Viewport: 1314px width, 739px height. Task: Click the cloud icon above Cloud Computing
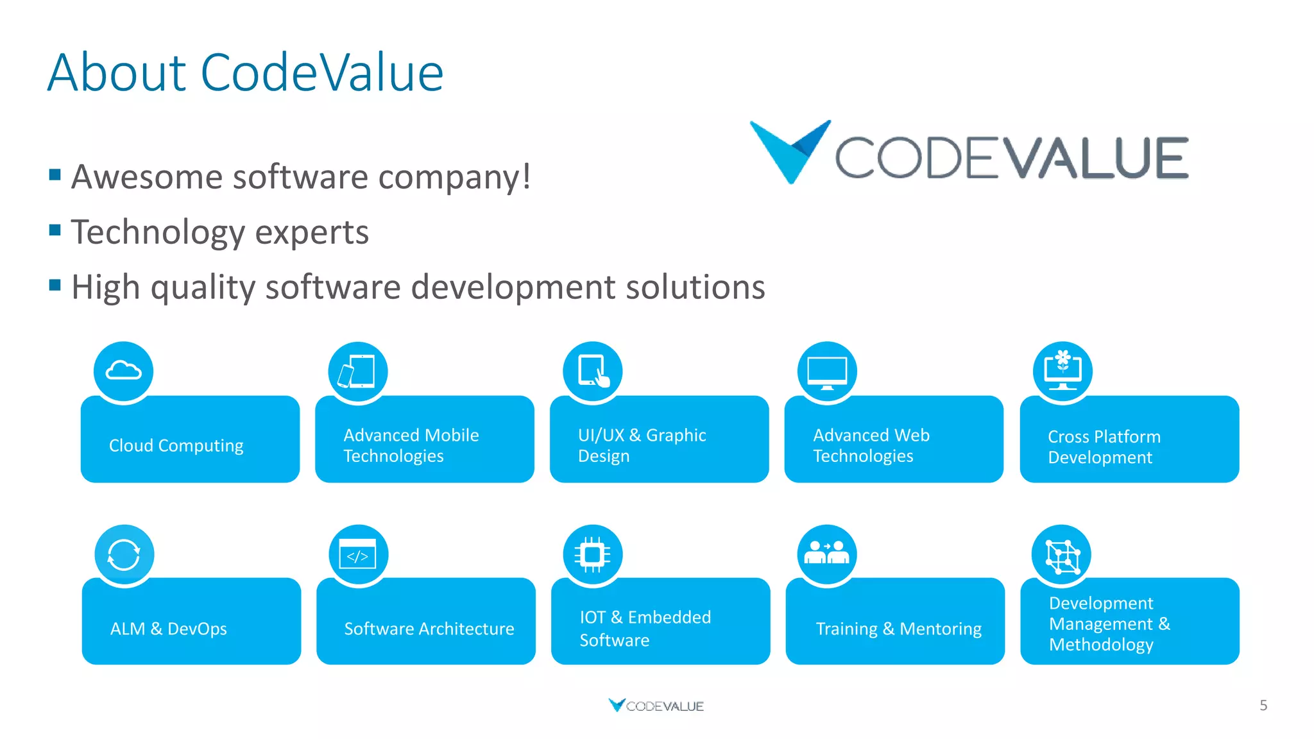[x=123, y=371]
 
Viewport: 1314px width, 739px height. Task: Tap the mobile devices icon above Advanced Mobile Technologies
[x=357, y=371]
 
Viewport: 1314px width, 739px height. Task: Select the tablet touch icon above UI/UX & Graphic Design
[x=593, y=371]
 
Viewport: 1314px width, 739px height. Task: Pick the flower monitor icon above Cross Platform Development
[x=1062, y=371]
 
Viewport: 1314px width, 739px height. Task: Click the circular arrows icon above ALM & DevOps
[x=124, y=555]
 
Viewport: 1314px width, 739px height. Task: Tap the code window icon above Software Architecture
[x=358, y=555]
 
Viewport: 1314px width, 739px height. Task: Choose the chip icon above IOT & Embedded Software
[x=593, y=555]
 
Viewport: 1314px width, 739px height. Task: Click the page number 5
[x=1263, y=706]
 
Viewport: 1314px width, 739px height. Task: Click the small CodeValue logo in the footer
[x=656, y=706]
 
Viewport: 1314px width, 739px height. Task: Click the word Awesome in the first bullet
[x=146, y=177]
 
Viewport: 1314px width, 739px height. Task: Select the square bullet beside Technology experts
[x=55, y=230]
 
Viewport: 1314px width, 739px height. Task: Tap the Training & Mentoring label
[x=898, y=629]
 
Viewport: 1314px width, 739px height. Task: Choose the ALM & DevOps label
[x=168, y=629]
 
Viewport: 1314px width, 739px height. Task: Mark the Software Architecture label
[x=429, y=629]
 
